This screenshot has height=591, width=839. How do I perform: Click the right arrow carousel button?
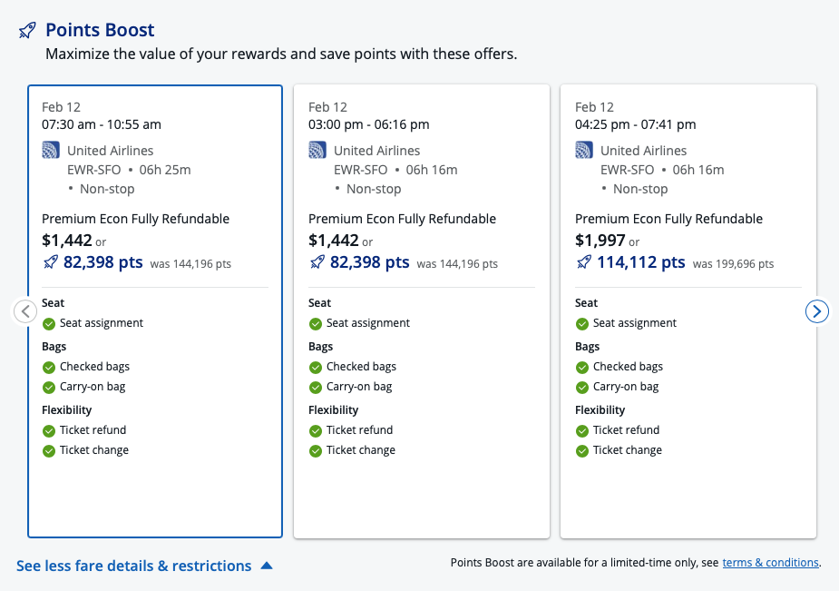click(x=817, y=311)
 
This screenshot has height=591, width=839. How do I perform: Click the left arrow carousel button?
click(x=25, y=311)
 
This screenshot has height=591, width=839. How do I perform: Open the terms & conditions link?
click(x=770, y=563)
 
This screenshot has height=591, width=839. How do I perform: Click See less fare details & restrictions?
click(x=134, y=566)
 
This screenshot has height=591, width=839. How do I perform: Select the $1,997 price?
click(x=600, y=241)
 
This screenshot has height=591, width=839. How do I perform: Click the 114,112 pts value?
click(x=640, y=262)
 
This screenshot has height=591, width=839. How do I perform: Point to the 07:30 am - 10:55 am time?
click(x=102, y=124)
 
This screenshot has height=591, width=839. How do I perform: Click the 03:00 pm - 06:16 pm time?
click(x=368, y=124)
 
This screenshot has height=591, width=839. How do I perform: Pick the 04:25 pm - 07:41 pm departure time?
click(x=635, y=124)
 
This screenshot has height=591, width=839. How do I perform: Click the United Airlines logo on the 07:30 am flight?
click(x=51, y=151)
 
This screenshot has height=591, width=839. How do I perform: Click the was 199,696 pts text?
click(x=733, y=264)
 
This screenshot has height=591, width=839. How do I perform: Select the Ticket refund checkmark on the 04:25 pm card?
click(x=582, y=431)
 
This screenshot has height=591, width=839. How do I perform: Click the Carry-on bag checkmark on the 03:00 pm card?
click(x=316, y=388)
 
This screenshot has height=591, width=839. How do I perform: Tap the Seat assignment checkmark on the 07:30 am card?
click(x=49, y=324)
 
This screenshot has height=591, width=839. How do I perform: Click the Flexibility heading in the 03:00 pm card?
click(x=333, y=410)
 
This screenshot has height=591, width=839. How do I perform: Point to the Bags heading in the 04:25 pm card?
click(x=587, y=347)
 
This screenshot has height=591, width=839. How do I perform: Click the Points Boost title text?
click(x=100, y=31)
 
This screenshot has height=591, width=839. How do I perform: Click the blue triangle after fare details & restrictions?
click(x=267, y=566)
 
